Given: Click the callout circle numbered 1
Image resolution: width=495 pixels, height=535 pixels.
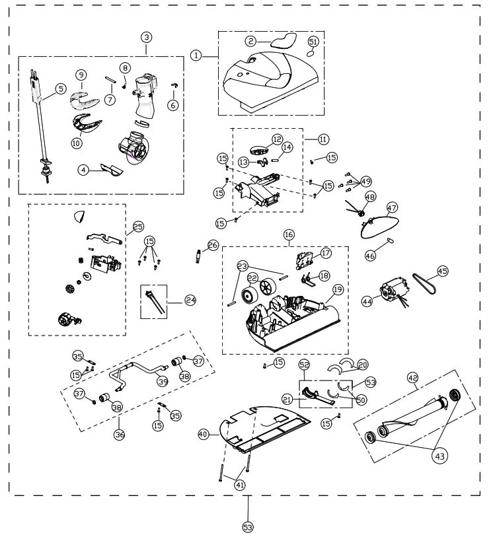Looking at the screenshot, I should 196,55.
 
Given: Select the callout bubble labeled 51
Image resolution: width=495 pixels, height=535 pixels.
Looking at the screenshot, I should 313,42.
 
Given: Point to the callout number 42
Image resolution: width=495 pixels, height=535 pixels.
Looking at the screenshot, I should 413,378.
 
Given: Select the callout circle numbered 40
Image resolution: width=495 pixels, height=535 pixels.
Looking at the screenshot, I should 203,434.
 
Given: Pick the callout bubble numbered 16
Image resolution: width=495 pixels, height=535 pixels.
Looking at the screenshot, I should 289,234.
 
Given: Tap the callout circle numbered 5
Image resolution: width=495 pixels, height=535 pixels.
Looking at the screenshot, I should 60,89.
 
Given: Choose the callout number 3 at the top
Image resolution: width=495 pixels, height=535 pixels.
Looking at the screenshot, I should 146,37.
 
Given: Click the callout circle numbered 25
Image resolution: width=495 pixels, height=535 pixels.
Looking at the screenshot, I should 138,226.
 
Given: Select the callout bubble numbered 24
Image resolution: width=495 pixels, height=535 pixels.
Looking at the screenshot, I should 191,301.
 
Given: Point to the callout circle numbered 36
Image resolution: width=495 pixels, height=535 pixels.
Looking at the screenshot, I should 120,435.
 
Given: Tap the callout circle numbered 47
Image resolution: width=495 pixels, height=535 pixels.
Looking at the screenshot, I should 392,207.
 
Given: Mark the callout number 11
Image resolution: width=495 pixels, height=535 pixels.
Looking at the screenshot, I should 323,139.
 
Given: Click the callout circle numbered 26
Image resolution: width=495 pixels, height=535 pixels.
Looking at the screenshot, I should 212,245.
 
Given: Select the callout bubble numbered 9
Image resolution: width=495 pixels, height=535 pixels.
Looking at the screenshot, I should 81,75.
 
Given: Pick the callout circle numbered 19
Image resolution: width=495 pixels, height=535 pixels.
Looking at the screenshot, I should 338,289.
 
